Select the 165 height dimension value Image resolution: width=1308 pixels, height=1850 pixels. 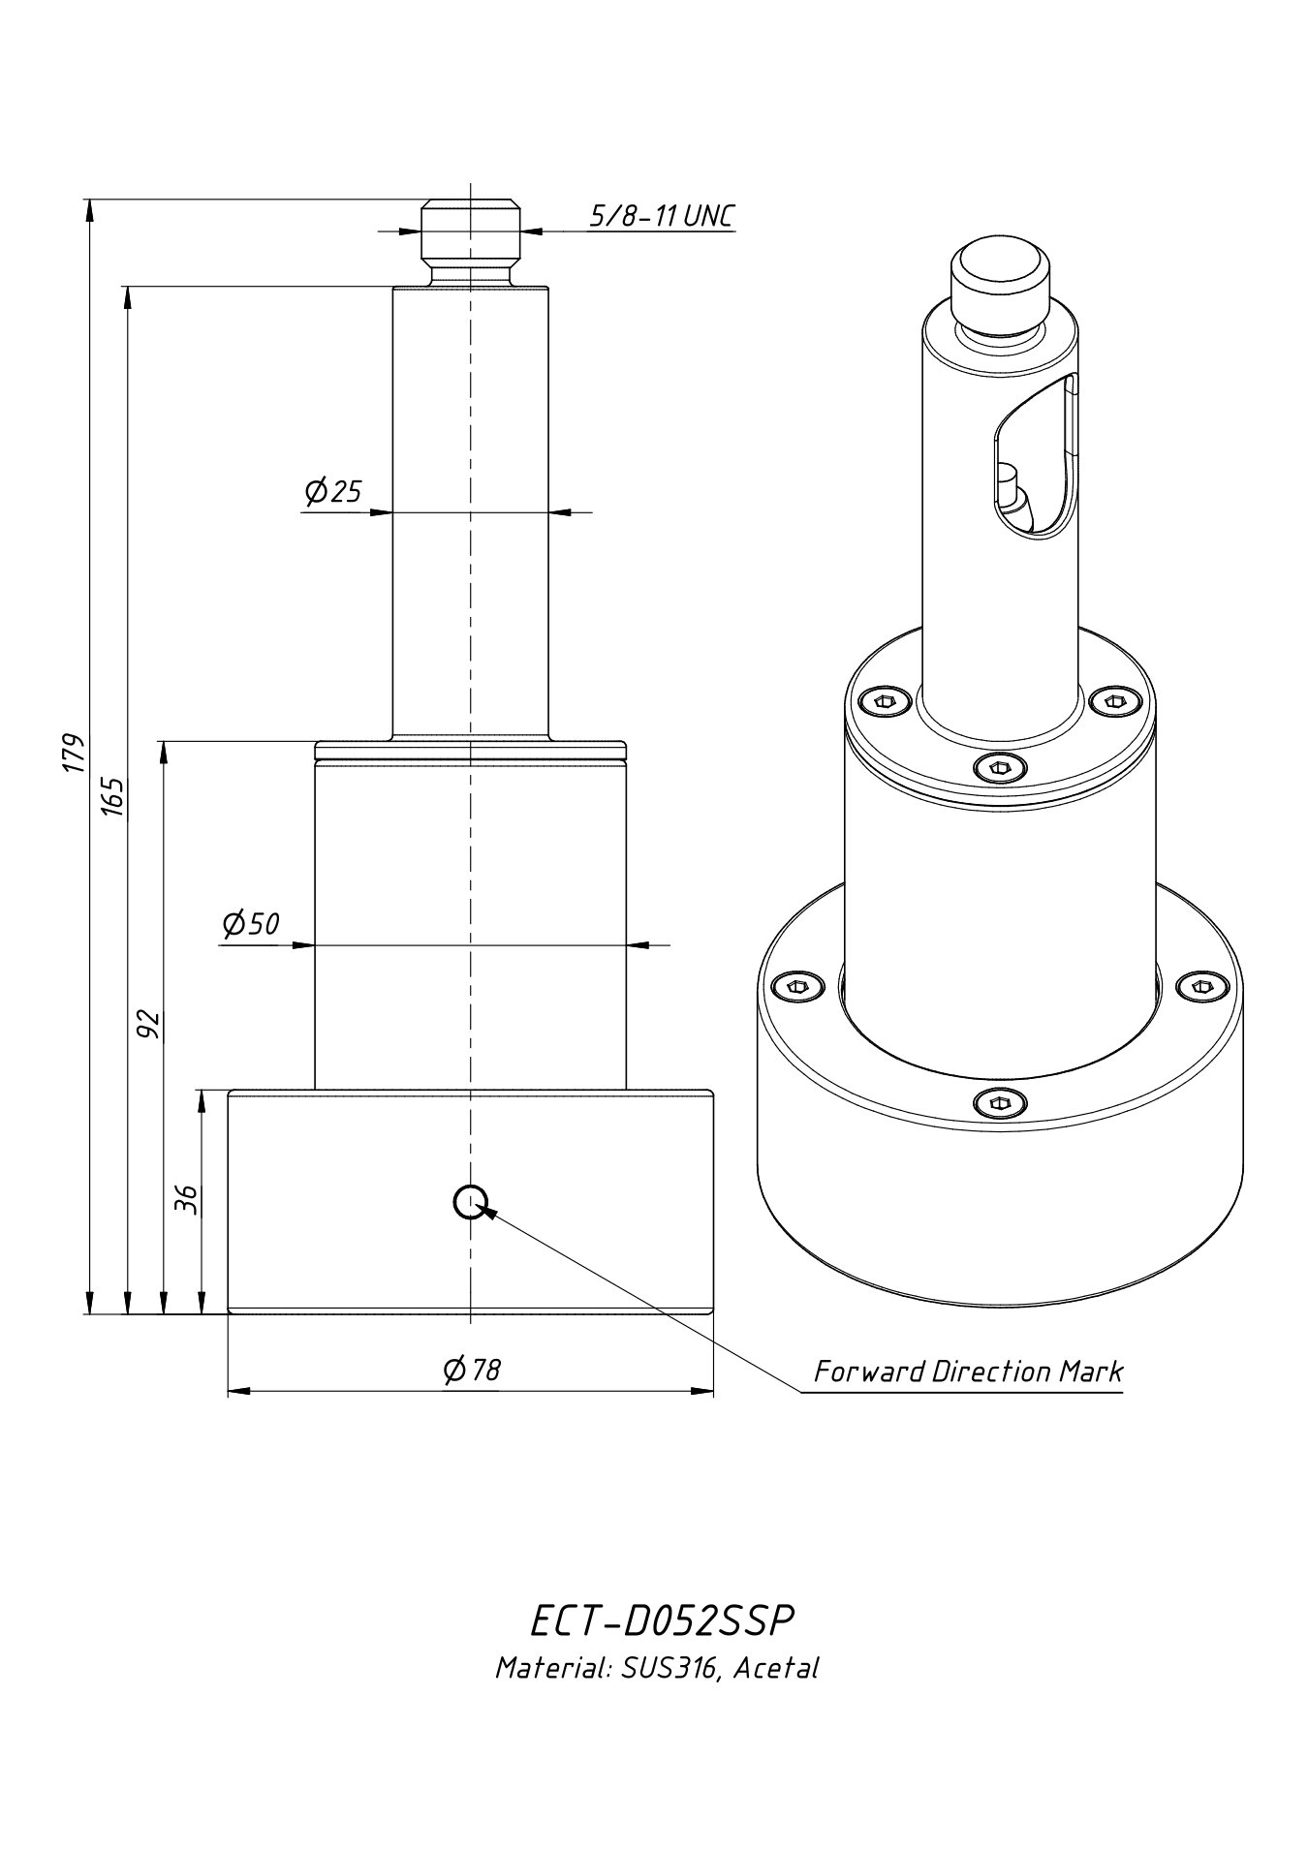pyautogui.click(x=111, y=797)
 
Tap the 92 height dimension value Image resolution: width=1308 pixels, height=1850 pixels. pyautogui.click(x=147, y=1024)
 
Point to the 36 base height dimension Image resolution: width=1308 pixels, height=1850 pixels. pyautogui.click(x=187, y=1199)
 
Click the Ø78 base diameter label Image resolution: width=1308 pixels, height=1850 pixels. pyautogui.click(x=471, y=1370)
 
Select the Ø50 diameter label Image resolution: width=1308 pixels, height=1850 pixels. pyautogui.click(x=251, y=924)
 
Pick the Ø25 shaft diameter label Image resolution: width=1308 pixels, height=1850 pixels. pyautogui.click(x=332, y=492)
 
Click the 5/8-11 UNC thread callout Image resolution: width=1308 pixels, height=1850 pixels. pyautogui.click(x=662, y=215)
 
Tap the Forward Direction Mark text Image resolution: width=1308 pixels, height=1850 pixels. pyautogui.click(x=967, y=1372)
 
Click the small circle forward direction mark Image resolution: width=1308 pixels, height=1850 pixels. pyautogui.click(x=469, y=1201)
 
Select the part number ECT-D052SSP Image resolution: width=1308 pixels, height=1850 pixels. pyautogui.click(x=664, y=1620)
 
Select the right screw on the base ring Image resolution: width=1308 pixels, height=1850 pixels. pyautogui.click(x=1199, y=986)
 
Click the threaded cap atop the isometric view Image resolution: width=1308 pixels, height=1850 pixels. pyautogui.click(x=999, y=275)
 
